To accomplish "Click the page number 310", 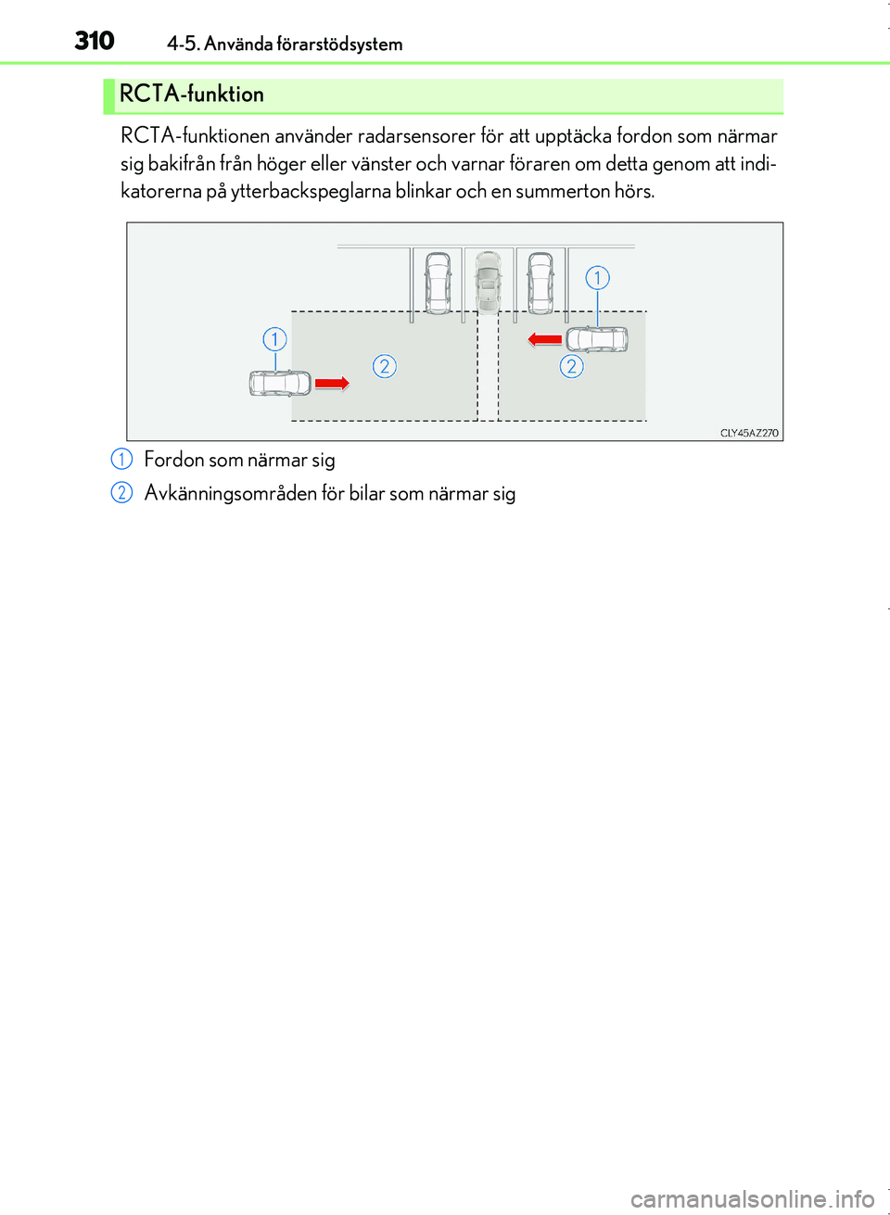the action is point(95,41).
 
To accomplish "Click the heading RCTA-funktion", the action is point(192,94).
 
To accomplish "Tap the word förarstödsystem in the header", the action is point(339,44).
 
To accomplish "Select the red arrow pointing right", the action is point(332,384).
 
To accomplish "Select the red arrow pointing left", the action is point(545,339).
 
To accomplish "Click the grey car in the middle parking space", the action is point(488,282).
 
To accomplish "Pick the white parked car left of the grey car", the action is point(438,284).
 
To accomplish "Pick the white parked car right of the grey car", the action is point(540,284).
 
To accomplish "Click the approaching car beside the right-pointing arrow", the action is point(280,384).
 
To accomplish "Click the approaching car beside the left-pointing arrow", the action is point(597,339).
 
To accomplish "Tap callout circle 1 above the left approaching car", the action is point(274,339).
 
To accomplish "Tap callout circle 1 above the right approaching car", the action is point(597,278).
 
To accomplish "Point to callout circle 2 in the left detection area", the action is point(385,367).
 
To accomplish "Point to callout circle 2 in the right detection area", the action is point(571,367).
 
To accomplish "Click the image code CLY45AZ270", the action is point(749,433).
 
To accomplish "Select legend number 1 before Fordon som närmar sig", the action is point(121,460).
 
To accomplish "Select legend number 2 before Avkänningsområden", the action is point(121,492).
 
